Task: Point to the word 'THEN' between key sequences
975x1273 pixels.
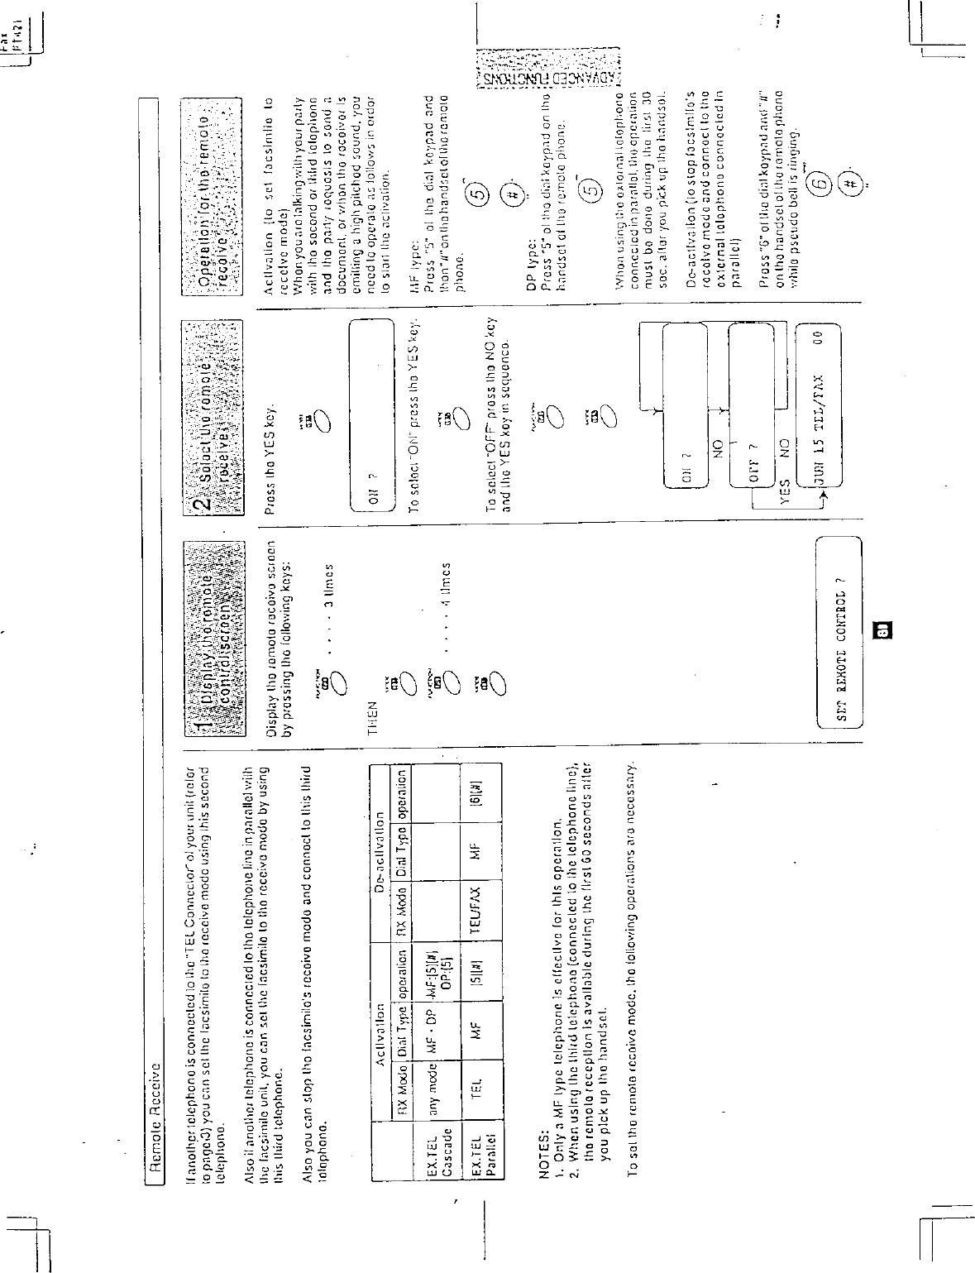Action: pos(373,711)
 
